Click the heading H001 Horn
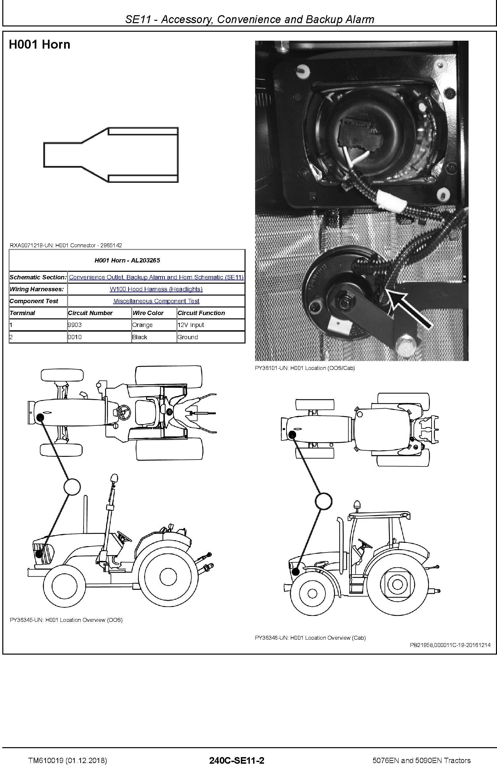click(x=40, y=44)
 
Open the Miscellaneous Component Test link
click(x=156, y=301)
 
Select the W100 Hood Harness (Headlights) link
click(x=156, y=289)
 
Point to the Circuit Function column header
click(x=201, y=313)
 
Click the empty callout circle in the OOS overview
click(x=71, y=487)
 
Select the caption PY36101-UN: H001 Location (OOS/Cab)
click(x=305, y=368)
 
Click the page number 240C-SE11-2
click(x=237, y=758)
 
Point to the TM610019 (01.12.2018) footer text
click(x=68, y=758)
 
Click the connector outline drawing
click(x=111, y=155)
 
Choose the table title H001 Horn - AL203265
click(x=127, y=260)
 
